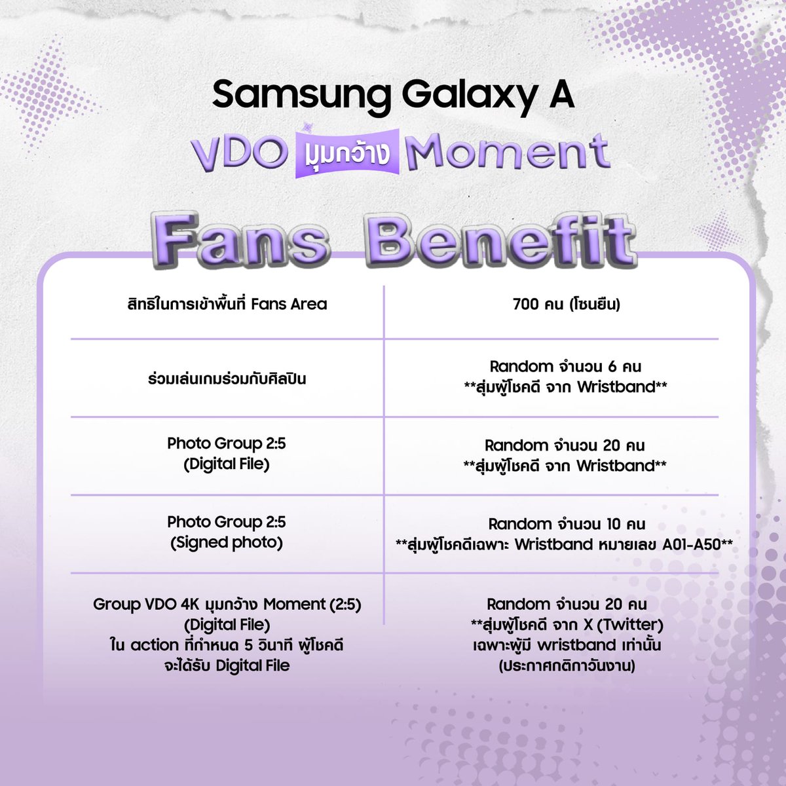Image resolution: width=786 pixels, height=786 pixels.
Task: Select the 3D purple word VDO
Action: click(x=240, y=153)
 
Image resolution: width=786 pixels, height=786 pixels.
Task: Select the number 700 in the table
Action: click(x=526, y=304)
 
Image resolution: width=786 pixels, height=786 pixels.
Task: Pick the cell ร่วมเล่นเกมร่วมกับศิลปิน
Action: click(x=227, y=379)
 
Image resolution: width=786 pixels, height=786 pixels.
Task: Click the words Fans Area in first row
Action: click(x=289, y=304)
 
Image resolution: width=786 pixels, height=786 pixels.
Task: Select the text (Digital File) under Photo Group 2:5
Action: click(x=227, y=464)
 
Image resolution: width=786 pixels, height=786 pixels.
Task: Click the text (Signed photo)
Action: click(x=227, y=543)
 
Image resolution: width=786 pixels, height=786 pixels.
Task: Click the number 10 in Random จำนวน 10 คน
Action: click(x=613, y=524)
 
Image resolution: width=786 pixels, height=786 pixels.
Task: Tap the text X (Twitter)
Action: click(x=623, y=624)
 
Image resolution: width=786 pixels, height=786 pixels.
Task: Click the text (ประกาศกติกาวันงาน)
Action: click(x=566, y=666)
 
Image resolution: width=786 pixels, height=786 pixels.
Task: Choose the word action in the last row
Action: click(x=155, y=645)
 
